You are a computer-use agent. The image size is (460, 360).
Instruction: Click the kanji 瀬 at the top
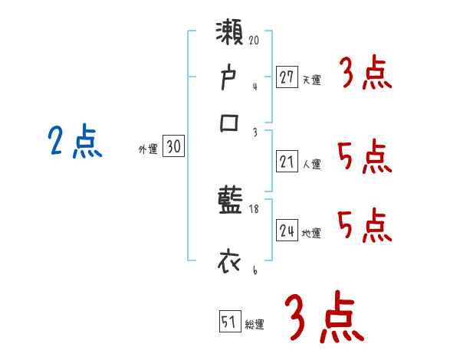231,34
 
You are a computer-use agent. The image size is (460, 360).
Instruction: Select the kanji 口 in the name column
230,123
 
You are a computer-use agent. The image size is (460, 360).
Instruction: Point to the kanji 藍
230,204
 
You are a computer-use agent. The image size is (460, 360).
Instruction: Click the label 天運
311,80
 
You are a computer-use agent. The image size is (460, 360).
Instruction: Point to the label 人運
311,164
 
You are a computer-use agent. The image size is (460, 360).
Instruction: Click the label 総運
254,324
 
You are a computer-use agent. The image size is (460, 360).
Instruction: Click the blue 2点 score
74,142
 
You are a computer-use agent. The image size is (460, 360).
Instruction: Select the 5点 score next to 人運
365,159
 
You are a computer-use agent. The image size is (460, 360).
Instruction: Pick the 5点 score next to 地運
365,227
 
